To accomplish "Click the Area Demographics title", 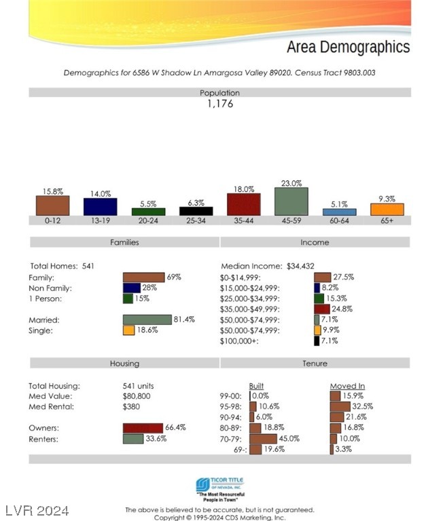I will click(x=348, y=47).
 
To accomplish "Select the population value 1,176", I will click(x=219, y=104).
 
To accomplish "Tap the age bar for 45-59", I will click(x=291, y=201).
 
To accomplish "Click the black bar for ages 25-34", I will click(x=196, y=211).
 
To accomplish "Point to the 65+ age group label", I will click(x=387, y=221).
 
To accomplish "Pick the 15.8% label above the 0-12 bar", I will click(x=52, y=191).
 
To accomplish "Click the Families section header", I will click(x=124, y=242).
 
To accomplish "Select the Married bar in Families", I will click(x=147, y=320).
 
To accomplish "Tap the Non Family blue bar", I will click(x=131, y=288).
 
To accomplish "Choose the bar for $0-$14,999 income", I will click(x=322, y=277).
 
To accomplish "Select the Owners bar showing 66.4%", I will click(x=143, y=428).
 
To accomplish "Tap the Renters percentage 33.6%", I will click(x=156, y=439).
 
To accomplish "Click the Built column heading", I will click(x=256, y=386).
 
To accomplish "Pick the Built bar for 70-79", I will click(x=263, y=439).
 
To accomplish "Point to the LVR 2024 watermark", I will click(x=37, y=510).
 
